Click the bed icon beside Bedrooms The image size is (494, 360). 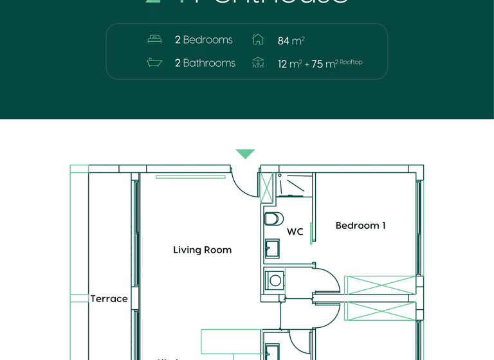pyautogui.click(x=154, y=39)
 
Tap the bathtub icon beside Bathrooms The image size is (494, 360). pyautogui.click(x=154, y=62)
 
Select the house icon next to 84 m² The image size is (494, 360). pyautogui.click(x=258, y=39)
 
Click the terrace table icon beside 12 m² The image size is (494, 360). pyautogui.click(x=258, y=62)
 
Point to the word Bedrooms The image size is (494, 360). pyautogui.click(x=208, y=40)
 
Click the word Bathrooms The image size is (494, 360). pyautogui.click(x=209, y=63)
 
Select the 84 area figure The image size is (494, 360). pyautogui.click(x=284, y=41)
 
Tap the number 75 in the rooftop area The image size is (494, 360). pyautogui.click(x=317, y=64)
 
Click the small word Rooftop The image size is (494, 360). pyautogui.click(x=351, y=62)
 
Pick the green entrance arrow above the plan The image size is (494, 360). pyautogui.click(x=245, y=154)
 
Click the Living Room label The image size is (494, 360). pyautogui.click(x=202, y=250)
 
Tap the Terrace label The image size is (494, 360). pyautogui.click(x=109, y=299)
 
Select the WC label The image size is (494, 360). pyautogui.click(x=295, y=232)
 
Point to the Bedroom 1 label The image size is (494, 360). pyautogui.click(x=360, y=226)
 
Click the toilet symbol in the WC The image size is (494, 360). pyautogui.click(x=273, y=219)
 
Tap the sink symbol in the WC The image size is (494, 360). pyautogui.click(x=272, y=248)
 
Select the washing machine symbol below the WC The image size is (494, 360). pyautogui.click(x=275, y=280)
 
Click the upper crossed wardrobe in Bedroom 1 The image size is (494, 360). pyautogui.click(x=380, y=285)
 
